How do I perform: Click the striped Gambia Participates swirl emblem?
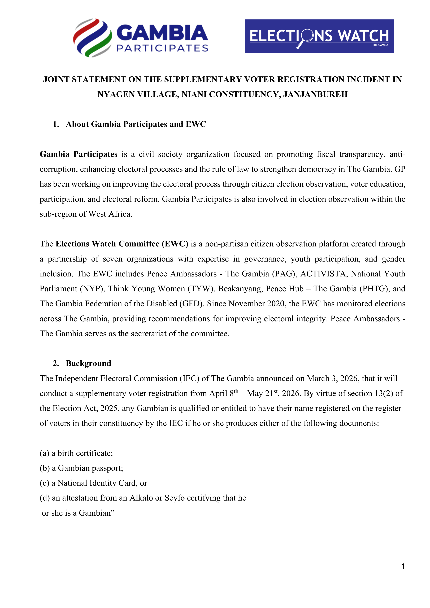tap(92, 38)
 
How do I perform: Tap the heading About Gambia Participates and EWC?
tap(136, 124)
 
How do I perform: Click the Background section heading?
tap(88, 363)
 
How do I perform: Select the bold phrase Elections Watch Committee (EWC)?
tap(122, 244)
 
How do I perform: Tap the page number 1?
tap(403, 567)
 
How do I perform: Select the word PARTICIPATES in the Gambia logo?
tap(162, 48)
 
